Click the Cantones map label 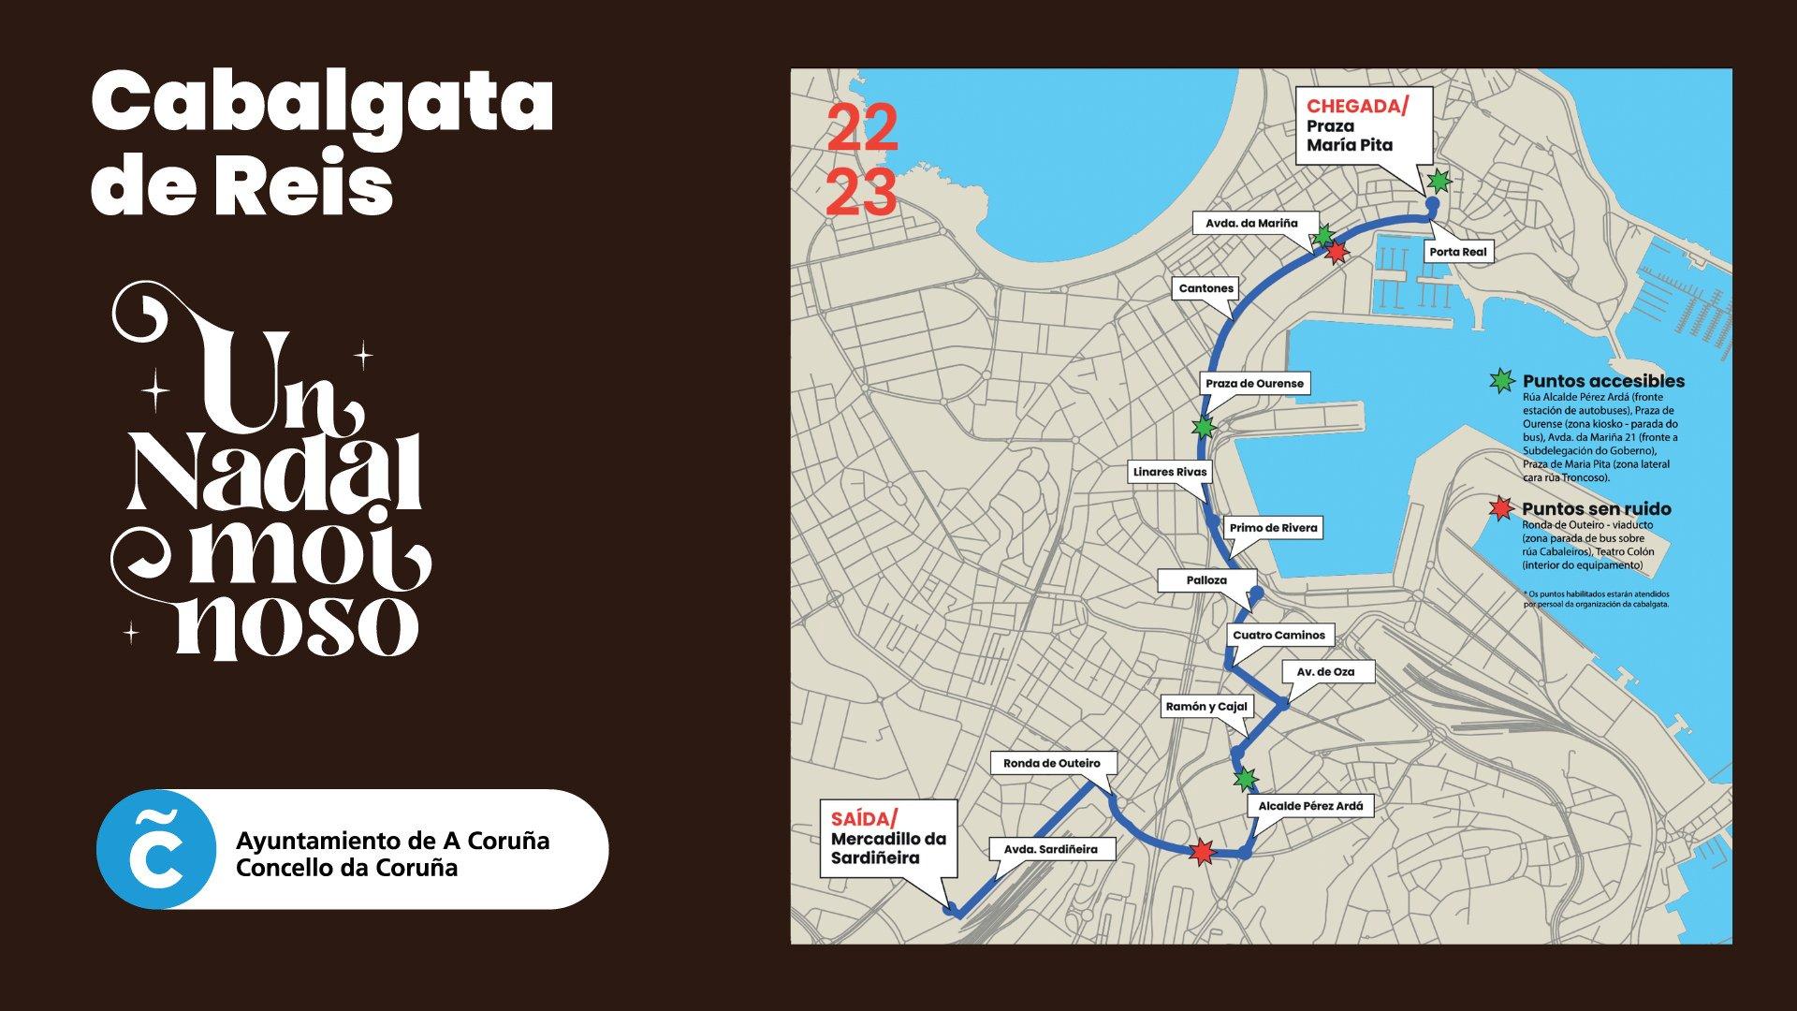[1205, 288]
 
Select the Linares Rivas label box [1170, 472]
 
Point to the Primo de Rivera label [1273, 528]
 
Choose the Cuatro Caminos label [1278, 635]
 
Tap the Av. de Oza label [1324, 672]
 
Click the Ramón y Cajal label [1206, 706]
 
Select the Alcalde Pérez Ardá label [1309, 805]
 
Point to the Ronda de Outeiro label [1051, 763]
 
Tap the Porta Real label [1457, 252]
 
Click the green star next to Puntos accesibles [1501, 381]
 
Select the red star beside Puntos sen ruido [1501, 508]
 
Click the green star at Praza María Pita [1439, 180]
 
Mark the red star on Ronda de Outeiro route [1201, 852]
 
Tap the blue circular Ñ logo [153, 849]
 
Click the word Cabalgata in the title [323, 104]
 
